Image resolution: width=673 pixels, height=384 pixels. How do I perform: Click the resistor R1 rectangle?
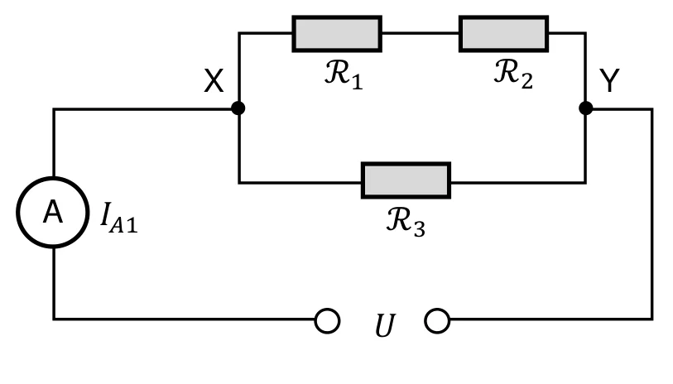click(337, 34)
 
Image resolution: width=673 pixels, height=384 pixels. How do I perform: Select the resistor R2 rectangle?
click(503, 34)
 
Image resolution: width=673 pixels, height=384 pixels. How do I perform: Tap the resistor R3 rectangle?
click(406, 180)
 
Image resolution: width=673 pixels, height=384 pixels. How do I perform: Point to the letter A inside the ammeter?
click(53, 212)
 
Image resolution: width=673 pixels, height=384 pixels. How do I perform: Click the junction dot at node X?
click(238, 108)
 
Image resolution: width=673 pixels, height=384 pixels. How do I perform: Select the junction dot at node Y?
click(586, 108)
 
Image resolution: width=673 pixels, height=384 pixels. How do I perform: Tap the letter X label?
click(214, 80)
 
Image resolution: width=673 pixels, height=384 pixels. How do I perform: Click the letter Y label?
click(609, 79)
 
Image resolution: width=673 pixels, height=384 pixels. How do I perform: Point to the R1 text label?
click(344, 74)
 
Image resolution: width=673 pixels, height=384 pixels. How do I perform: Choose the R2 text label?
click(513, 74)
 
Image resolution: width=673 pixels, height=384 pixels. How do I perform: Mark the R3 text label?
click(406, 222)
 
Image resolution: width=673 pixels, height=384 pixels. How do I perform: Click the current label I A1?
click(119, 218)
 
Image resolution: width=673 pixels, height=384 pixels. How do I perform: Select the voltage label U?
click(385, 325)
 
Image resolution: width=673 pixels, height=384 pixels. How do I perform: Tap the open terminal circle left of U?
click(328, 321)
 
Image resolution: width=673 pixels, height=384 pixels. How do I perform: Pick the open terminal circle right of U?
click(437, 321)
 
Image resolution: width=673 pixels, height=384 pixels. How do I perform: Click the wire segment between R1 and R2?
click(421, 33)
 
